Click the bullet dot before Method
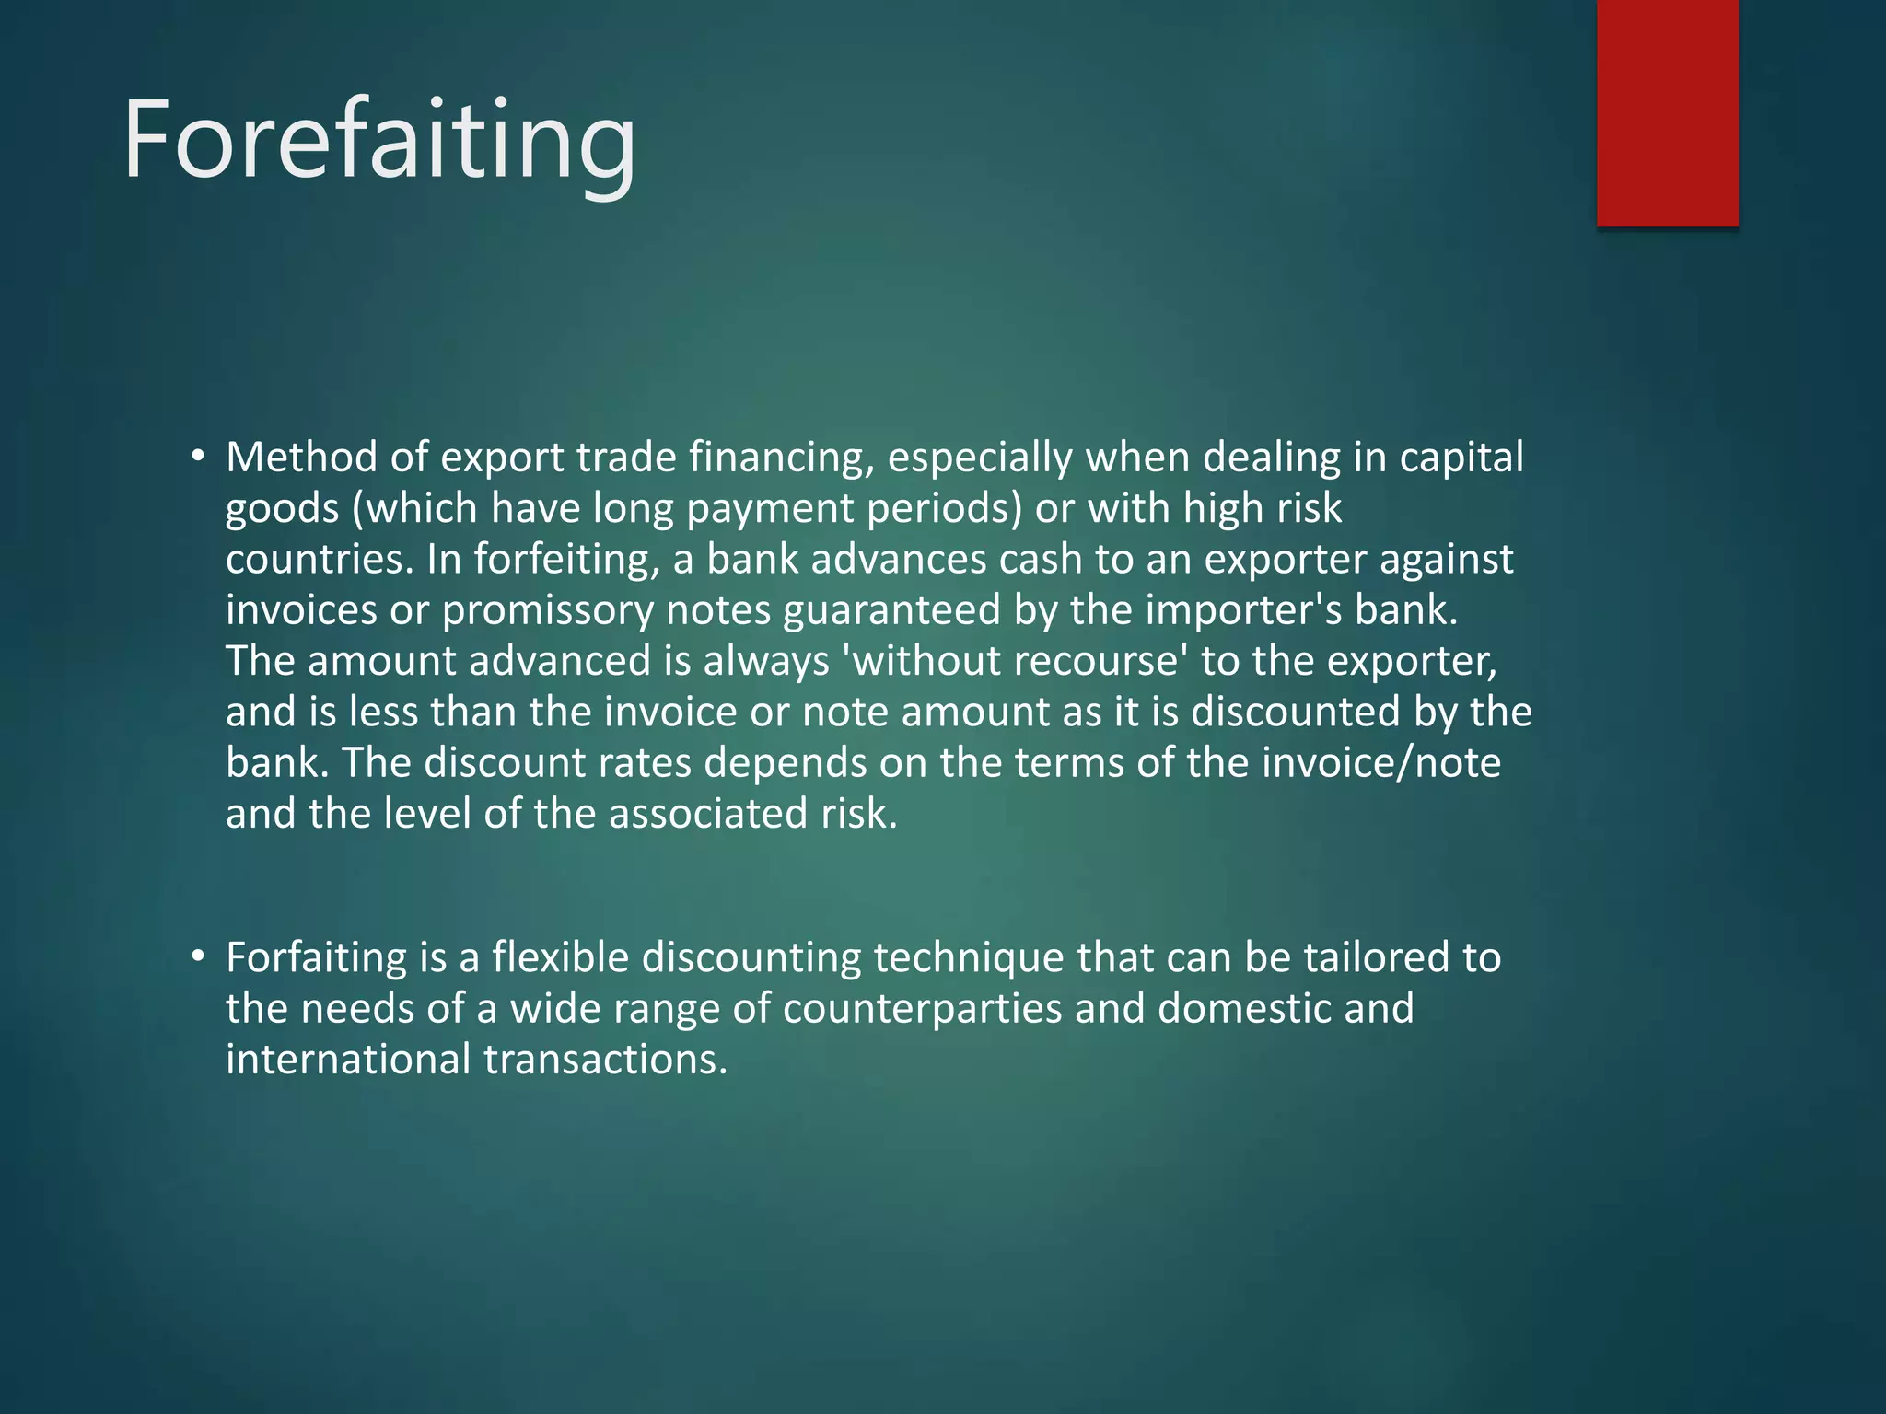click(197, 458)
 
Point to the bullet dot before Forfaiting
click(197, 957)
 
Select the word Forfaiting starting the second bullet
click(316, 958)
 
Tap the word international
click(348, 1060)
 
